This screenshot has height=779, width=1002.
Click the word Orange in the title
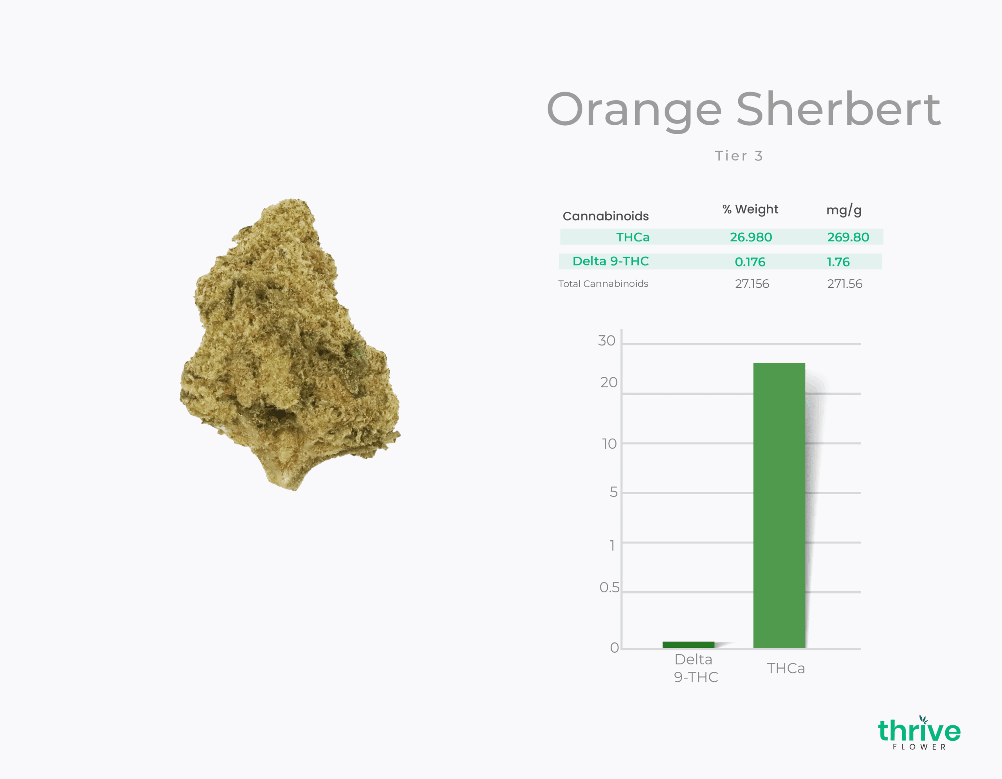(634, 110)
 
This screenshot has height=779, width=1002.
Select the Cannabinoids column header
(606, 216)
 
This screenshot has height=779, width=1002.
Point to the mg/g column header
(844, 210)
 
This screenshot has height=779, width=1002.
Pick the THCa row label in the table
(633, 237)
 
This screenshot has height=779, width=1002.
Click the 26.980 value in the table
(751, 237)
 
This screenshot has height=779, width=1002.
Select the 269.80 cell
(848, 237)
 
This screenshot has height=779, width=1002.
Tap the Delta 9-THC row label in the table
(611, 261)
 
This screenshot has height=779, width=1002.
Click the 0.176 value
(750, 262)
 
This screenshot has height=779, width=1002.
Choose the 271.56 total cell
(845, 284)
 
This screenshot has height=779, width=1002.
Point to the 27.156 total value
(752, 284)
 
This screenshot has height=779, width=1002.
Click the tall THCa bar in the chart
(779, 505)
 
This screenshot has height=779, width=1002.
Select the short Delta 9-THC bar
(688, 645)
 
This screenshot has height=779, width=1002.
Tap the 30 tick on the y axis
(607, 341)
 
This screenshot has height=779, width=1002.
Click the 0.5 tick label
(609, 587)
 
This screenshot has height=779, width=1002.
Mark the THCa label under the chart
(786, 669)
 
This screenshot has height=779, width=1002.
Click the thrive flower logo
(919, 733)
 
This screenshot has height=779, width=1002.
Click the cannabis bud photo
(289, 344)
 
